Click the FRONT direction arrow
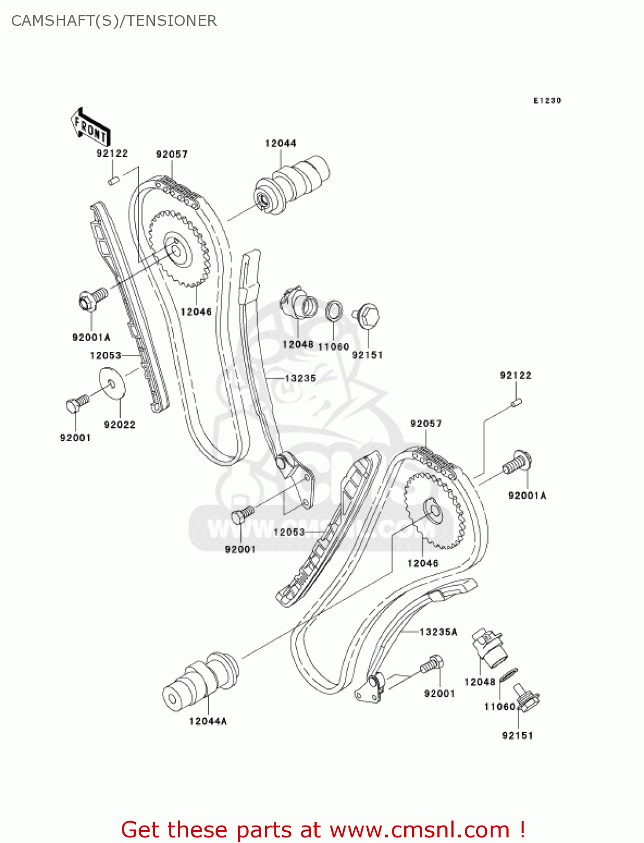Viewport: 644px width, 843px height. [90, 128]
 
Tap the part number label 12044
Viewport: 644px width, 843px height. [280, 143]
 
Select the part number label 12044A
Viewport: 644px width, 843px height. [208, 721]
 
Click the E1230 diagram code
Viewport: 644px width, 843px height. [547, 101]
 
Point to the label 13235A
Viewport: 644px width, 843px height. [439, 632]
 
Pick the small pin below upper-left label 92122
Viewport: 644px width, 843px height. [113, 180]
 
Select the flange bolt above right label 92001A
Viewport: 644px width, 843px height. [517, 463]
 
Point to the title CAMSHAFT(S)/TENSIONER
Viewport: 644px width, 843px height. [114, 21]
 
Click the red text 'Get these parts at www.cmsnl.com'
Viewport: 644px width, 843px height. [323, 830]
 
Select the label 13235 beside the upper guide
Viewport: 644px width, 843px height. [300, 379]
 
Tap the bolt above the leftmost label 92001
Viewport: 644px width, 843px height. [76, 404]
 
